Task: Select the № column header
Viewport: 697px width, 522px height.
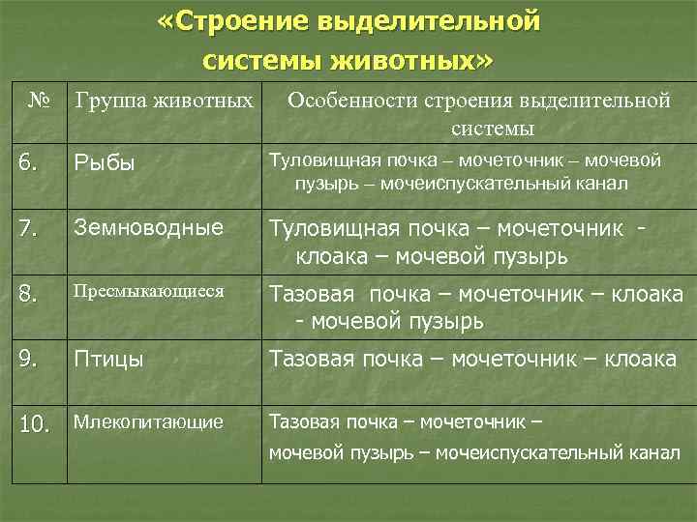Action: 39,99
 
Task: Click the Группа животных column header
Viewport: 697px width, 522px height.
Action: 164,100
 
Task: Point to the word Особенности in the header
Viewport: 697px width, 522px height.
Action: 345,100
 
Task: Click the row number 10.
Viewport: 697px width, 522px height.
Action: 34,424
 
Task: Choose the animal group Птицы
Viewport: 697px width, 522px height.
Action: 109,359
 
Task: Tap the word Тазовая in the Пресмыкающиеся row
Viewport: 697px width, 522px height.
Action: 312,294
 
